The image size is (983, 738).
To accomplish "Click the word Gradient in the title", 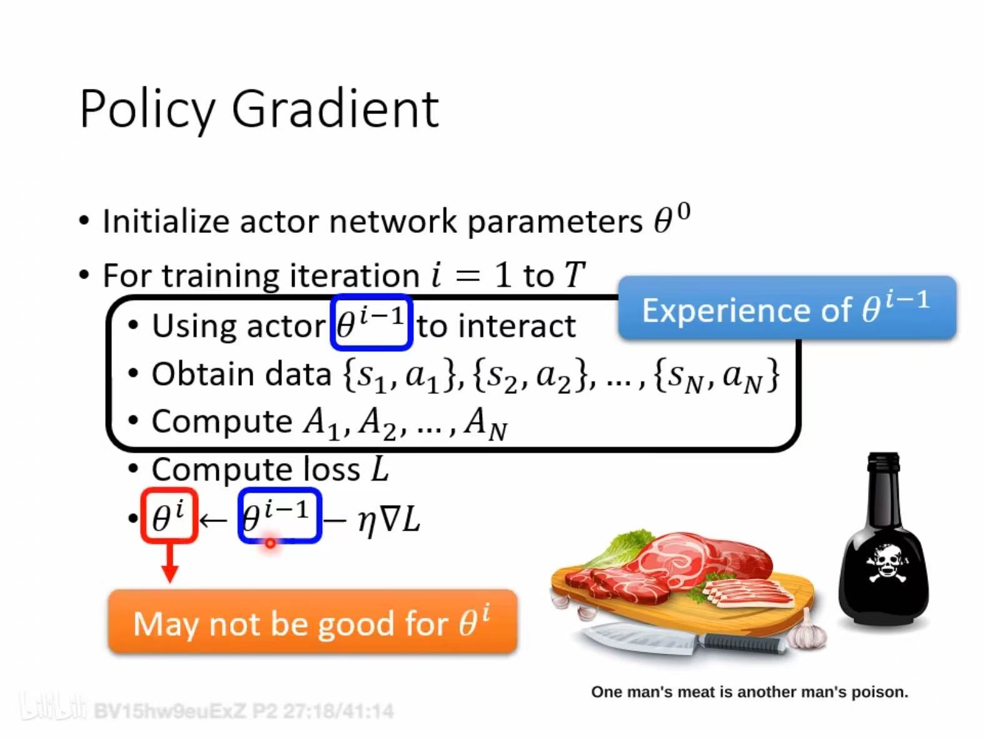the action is click(335, 109).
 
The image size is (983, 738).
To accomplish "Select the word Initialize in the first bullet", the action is click(166, 221).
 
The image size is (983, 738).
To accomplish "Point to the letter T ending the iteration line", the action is click(575, 274).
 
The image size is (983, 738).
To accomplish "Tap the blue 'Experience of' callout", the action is click(787, 308).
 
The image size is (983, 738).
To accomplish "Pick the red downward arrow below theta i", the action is click(169, 562).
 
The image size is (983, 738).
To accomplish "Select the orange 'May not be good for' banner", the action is click(313, 622).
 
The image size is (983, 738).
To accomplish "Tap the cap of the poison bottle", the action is click(883, 462).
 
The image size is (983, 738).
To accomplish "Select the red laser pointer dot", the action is click(270, 543).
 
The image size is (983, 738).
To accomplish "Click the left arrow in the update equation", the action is click(213, 520).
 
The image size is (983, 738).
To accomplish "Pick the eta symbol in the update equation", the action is click(366, 523).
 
